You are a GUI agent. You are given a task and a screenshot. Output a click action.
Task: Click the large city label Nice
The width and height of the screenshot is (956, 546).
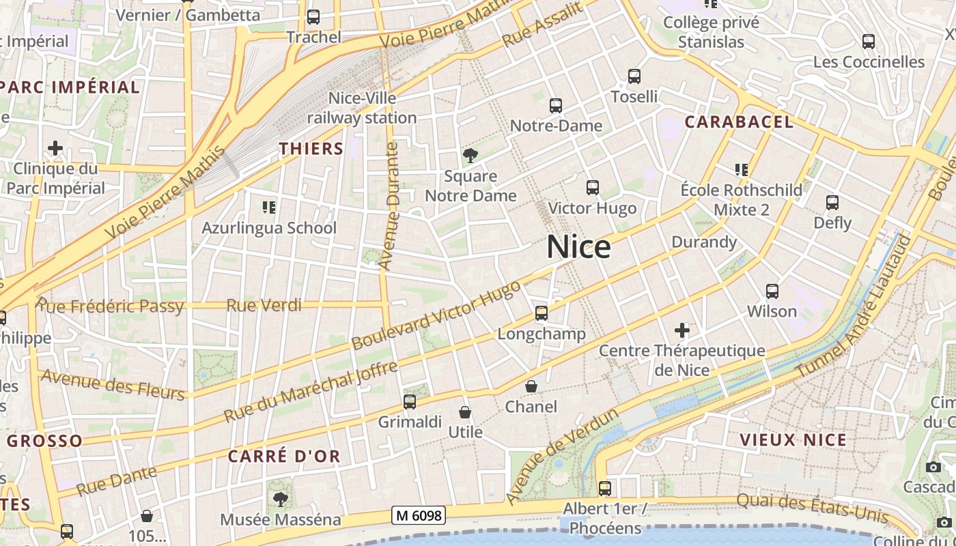click(578, 246)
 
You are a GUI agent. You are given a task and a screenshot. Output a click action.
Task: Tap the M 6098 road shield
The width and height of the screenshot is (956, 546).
click(418, 516)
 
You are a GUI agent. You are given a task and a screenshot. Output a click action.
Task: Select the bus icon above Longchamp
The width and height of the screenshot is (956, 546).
click(542, 313)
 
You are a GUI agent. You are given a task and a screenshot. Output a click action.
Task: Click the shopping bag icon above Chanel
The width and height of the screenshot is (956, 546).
click(531, 387)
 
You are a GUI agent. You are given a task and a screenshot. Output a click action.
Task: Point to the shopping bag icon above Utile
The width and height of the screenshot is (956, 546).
click(465, 412)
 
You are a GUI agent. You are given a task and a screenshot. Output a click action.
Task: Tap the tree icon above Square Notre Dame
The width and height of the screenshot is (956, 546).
click(470, 156)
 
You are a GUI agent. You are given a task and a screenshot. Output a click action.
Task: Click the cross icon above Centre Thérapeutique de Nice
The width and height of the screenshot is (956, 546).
click(681, 331)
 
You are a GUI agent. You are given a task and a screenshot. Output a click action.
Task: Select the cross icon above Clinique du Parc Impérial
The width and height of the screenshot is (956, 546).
click(55, 148)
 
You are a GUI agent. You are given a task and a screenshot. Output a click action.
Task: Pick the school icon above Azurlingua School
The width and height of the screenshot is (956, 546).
click(268, 207)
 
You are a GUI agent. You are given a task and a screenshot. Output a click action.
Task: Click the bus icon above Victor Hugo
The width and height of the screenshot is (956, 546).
click(592, 188)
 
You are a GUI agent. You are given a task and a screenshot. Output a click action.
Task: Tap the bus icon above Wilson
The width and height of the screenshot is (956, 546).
click(772, 291)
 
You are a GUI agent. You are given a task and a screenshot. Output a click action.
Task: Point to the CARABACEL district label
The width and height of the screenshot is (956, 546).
click(739, 122)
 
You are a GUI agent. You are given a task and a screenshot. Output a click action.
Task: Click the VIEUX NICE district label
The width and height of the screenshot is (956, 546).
click(793, 440)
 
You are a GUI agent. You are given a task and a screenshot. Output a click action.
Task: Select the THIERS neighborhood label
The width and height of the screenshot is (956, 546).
click(311, 149)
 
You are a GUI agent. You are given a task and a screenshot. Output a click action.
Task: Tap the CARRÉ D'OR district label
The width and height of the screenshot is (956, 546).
click(284, 457)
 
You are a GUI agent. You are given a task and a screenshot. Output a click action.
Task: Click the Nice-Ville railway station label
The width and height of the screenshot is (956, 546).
click(362, 108)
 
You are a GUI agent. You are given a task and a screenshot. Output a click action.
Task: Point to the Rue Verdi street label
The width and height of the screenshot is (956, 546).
click(264, 305)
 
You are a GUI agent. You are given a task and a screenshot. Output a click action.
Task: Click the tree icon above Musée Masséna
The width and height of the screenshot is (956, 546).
click(280, 499)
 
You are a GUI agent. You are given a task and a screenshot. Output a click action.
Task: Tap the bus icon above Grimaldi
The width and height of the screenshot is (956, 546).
click(410, 402)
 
